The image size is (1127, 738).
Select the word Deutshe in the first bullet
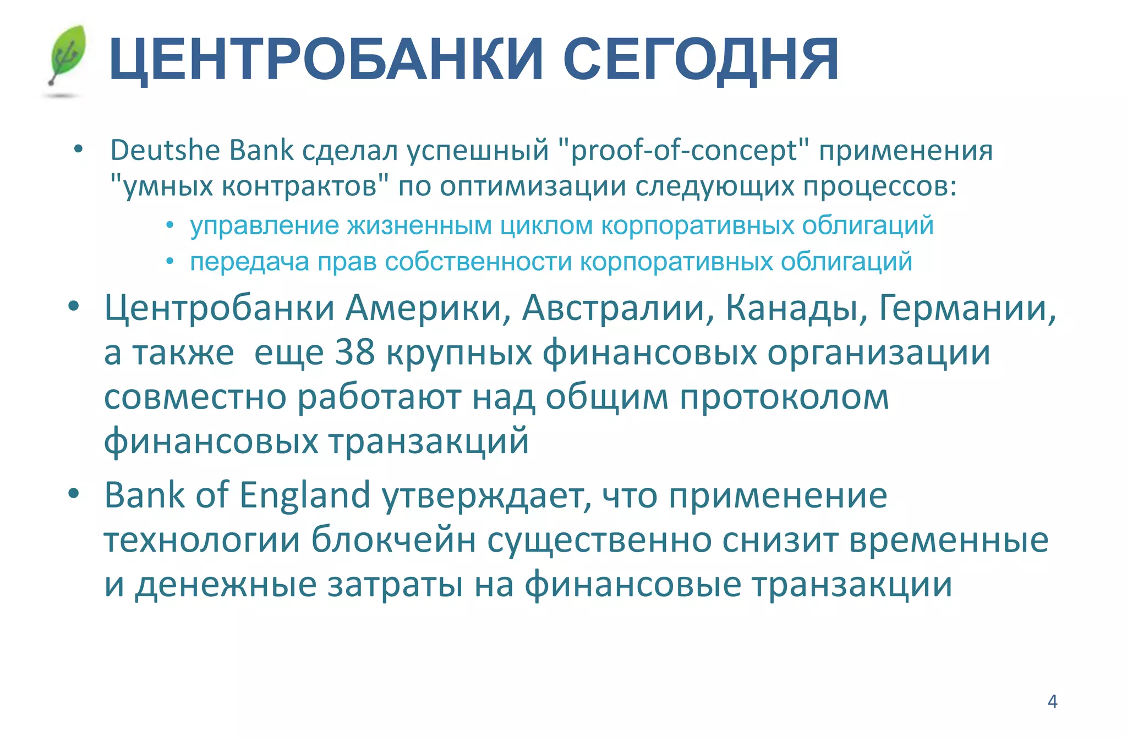tap(165, 150)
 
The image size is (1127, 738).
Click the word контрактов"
tap(305, 186)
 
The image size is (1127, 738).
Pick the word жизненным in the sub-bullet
tap(419, 225)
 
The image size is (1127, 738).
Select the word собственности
tap(478, 262)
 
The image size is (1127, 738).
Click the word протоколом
tap(784, 397)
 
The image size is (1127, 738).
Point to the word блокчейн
tap(394, 540)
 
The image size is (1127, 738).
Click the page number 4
tap(1052, 702)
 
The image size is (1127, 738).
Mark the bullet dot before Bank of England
tap(74, 493)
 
